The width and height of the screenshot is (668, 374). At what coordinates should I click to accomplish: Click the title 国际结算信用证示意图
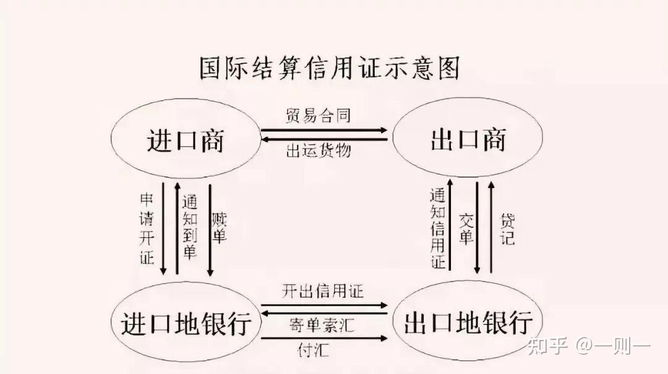tap(329, 69)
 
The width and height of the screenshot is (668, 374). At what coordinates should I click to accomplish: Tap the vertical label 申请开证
tap(147, 229)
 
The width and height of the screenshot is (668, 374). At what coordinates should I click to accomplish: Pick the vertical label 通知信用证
tap(438, 228)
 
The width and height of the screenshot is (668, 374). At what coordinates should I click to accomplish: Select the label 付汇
tap(313, 350)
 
